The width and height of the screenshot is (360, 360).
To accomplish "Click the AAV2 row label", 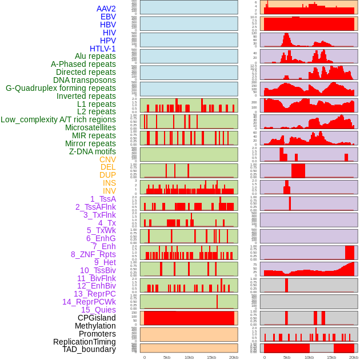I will click(106, 9).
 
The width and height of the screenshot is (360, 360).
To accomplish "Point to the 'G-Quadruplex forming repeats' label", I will click(61, 88).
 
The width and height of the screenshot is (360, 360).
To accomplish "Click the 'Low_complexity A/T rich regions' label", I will click(58, 119).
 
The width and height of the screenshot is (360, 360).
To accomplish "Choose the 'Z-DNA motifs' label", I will click(92, 151).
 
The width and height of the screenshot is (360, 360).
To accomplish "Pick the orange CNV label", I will click(107, 159).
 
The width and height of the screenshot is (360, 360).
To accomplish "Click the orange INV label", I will click(109, 191).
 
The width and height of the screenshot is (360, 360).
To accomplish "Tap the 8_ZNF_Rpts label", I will click(93, 254).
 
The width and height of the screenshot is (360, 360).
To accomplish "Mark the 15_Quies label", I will click(98, 310).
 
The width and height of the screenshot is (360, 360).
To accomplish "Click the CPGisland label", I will click(97, 318).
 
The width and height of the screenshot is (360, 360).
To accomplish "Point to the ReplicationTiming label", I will click(84, 342).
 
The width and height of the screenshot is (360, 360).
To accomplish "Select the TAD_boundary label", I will click(89, 349).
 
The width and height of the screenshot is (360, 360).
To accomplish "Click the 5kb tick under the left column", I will click(167, 357).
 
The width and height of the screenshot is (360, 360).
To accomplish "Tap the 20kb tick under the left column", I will click(233, 357).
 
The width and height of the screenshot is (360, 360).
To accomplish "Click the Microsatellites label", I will click(90, 127).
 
